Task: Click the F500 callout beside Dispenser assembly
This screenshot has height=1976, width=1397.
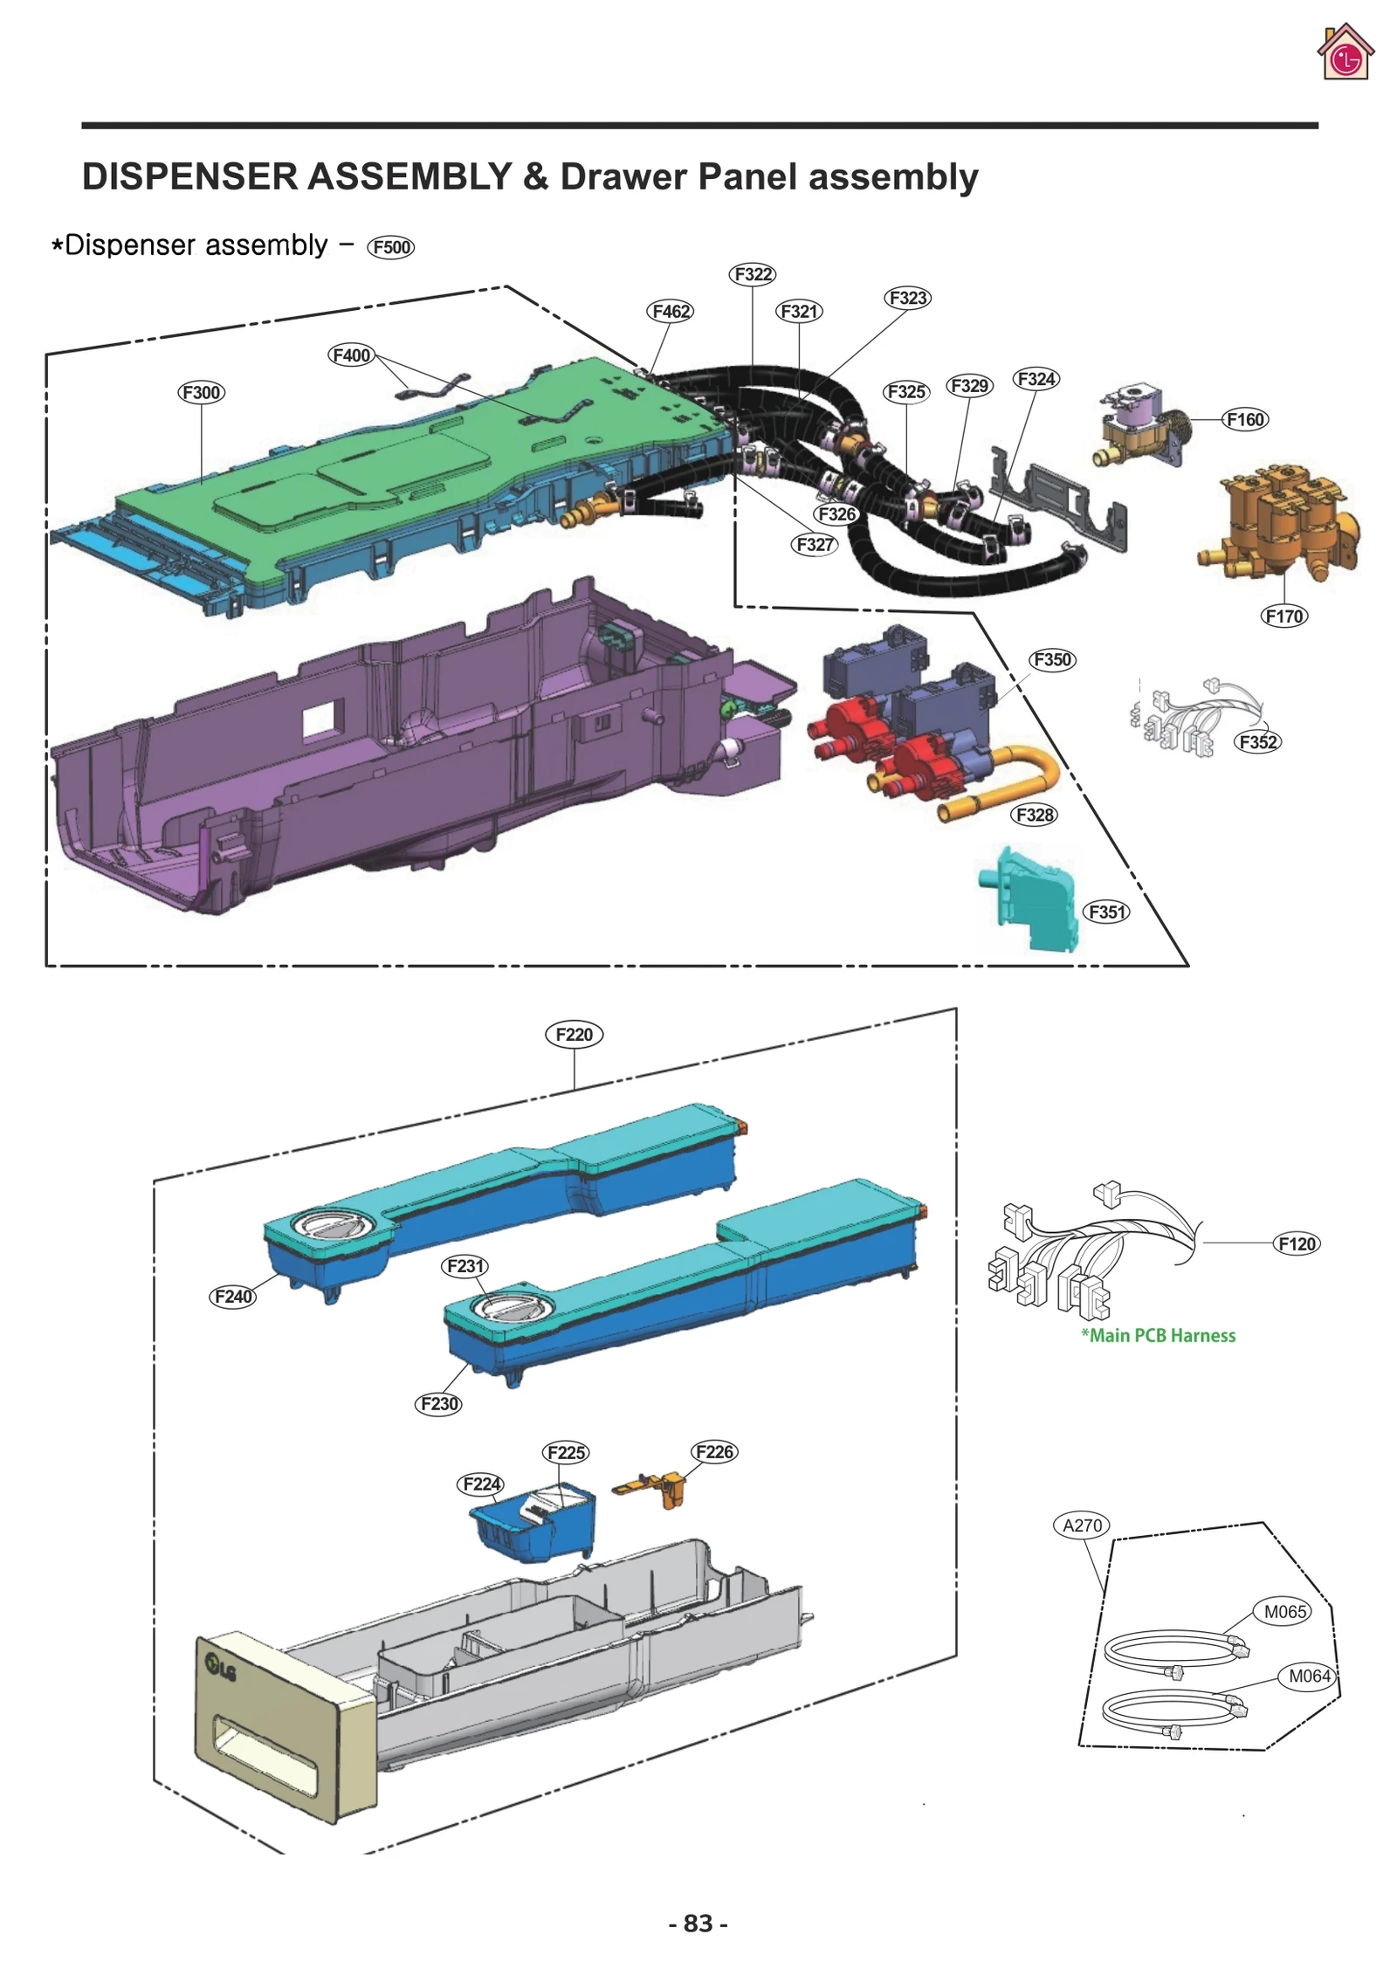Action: (x=390, y=247)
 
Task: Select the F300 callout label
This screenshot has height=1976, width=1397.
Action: (x=201, y=392)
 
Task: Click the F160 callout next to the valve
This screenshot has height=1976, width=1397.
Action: (x=1244, y=419)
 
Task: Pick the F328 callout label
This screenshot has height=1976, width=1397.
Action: (x=1035, y=815)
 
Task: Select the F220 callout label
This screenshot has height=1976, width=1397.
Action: (x=574, y=1034)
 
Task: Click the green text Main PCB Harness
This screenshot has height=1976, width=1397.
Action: (x=1158, y=1335)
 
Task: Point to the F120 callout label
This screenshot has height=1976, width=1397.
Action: (x=1297, y=1243)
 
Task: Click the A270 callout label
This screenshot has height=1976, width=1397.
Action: (x=1082, y=1525)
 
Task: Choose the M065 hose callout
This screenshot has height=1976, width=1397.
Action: (x=1285, y=1612)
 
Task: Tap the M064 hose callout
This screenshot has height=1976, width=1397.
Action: (x=1309, y=1676)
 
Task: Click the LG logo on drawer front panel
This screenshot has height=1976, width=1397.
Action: (x=221, y=1669)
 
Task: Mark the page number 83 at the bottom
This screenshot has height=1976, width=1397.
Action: (x=698, y=1923)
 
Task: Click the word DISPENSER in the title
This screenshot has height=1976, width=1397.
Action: (x=189, y=177)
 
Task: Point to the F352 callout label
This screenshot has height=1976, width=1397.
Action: (x=1257, y=742)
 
